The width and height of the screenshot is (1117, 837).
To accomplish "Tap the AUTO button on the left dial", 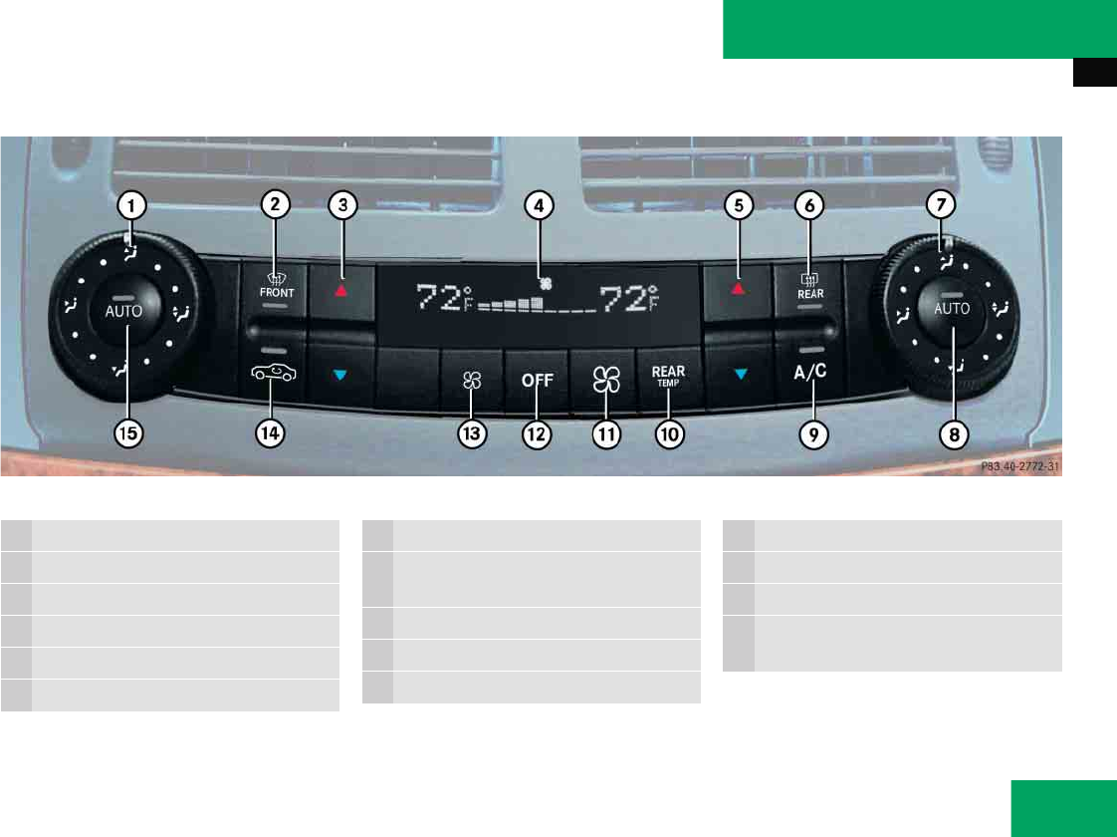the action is [x=124, y=310].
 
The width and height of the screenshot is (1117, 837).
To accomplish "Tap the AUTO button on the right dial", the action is [x=951, y=309].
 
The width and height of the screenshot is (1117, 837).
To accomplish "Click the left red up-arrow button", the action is [x=341, y=288].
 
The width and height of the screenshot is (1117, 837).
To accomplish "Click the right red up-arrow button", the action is [x=738, y=288].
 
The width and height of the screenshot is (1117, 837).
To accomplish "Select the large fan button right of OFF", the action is [x=602, y=380].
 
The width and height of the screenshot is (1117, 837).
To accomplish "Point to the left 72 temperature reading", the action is [x=438, y=298].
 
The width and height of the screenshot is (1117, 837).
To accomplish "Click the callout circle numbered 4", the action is [x=539, y=206].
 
